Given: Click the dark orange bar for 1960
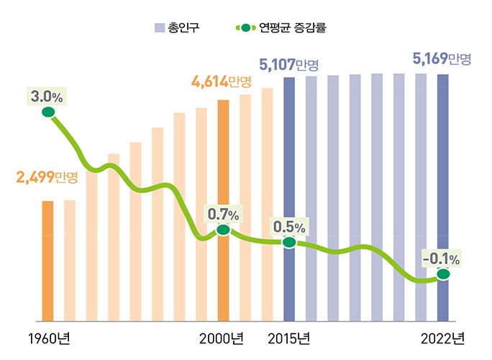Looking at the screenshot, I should click(x=47, y=261).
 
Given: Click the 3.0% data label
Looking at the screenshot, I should click(x=47, y=96).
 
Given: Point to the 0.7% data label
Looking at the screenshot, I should click(x=224, y=214).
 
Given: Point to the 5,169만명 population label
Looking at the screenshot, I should click(x=442, y=58).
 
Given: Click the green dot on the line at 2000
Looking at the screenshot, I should click(x=223, y=230).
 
